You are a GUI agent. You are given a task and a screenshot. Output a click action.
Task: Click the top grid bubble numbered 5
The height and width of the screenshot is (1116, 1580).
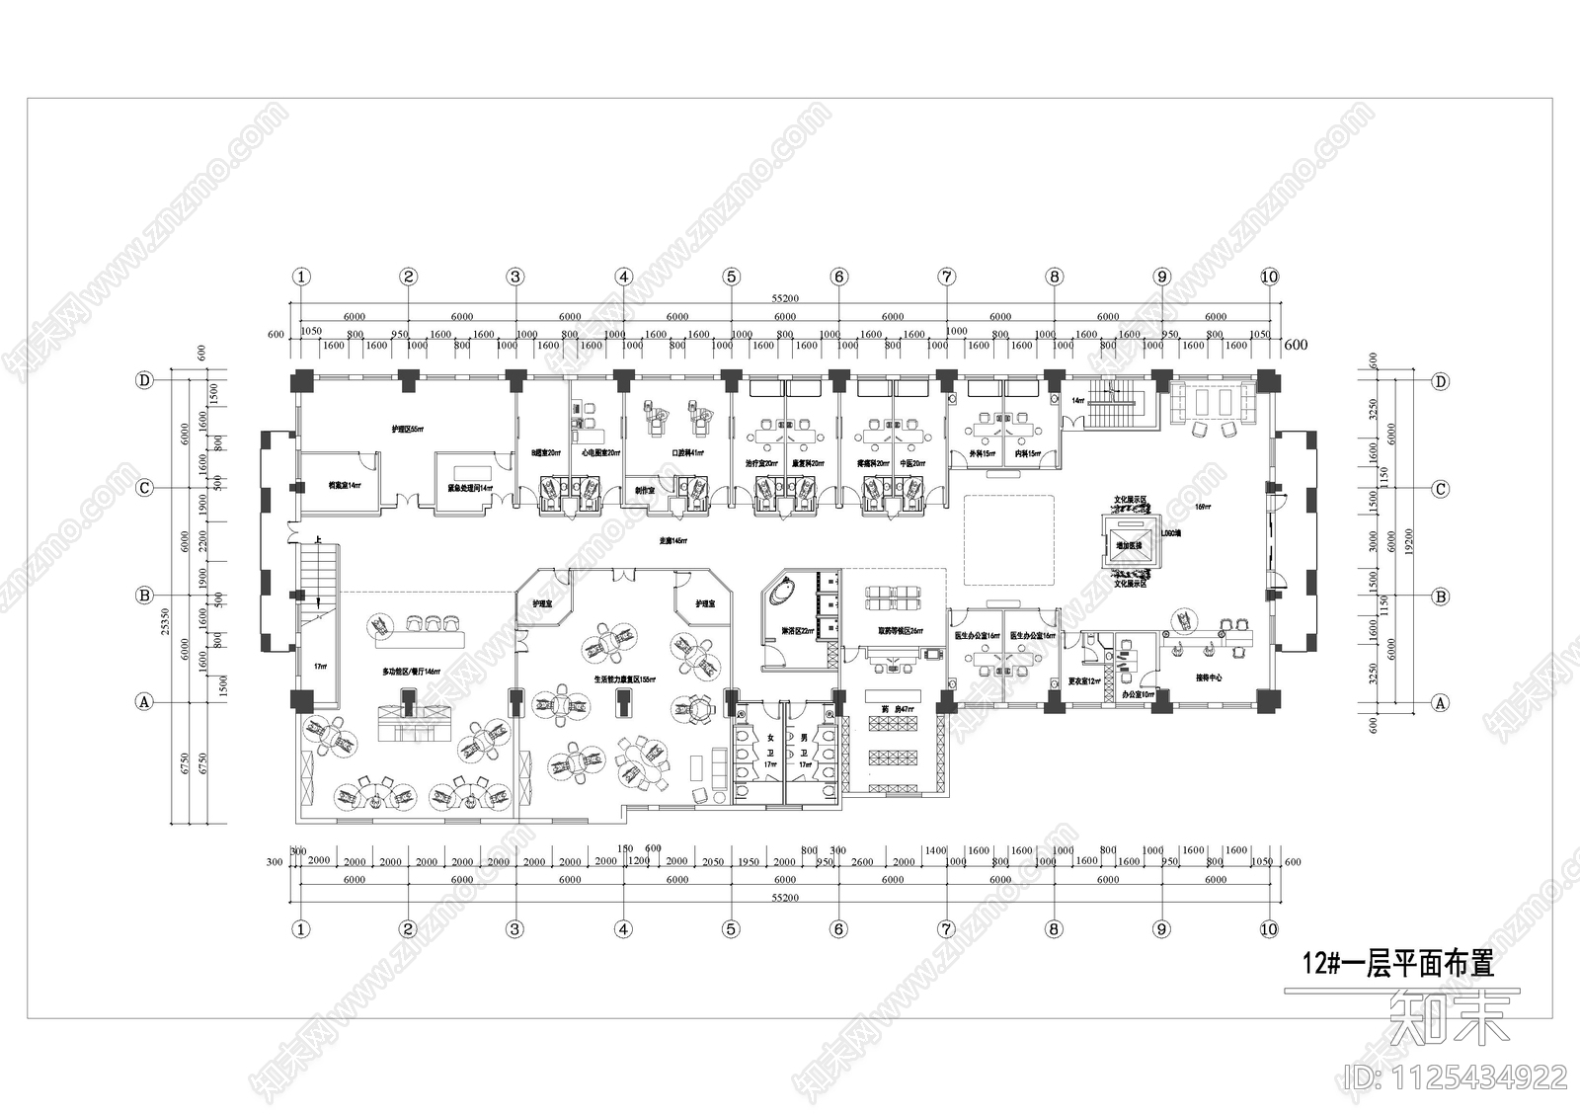tap(731, 277)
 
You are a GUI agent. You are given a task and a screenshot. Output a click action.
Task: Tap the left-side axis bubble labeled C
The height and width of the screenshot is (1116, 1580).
tap(145, 489)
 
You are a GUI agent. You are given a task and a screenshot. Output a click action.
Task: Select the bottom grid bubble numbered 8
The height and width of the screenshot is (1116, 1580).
tap(1054, 928)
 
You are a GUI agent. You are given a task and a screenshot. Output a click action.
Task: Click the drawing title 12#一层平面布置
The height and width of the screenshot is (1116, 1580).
tap(1397, 963)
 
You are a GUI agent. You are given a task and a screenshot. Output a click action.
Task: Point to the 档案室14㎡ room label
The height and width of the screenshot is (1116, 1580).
tap(345, 485)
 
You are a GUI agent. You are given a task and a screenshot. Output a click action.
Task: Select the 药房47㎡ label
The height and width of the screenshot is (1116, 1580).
tap(896, 709)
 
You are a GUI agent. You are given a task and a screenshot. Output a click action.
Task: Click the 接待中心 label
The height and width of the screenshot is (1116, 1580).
tap(1209, 678)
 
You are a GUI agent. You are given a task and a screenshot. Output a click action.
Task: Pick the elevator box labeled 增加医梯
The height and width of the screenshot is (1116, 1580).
tap(1130, 545)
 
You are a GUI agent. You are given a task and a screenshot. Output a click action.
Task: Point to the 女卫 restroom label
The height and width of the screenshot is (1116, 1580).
tap(770, 751)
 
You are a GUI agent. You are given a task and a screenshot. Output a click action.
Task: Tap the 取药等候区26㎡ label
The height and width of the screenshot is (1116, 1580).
tap(900, 631)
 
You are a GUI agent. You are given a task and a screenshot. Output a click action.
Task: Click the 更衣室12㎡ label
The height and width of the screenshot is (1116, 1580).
tap(1082, 681)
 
